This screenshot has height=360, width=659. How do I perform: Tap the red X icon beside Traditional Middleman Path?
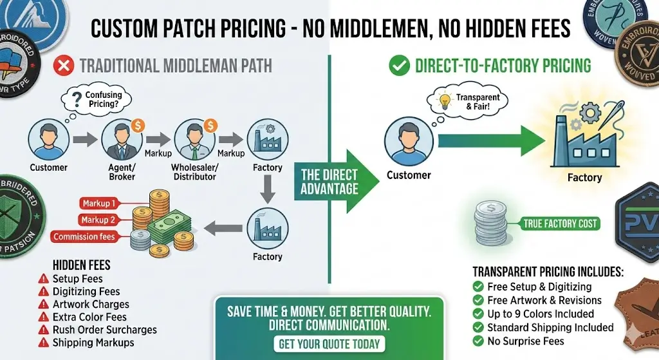(63, 65)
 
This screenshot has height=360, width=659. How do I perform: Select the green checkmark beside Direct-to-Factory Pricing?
(400, 65)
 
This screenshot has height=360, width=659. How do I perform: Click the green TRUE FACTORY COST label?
(560, 223)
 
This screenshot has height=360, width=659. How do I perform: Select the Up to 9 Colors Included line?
(541, 314)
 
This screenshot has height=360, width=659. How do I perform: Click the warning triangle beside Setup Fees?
(44, 279)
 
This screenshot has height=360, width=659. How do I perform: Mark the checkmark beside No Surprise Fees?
(478, 341)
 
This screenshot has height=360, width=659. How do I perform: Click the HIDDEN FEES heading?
(82, 265)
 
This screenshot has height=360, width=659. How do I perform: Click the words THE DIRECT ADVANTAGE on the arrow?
(329, 182)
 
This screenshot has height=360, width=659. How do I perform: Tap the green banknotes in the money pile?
(169, 228)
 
